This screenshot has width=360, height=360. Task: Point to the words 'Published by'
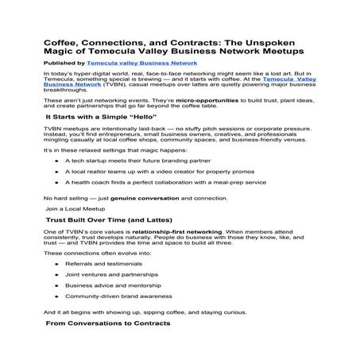[67, 60]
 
